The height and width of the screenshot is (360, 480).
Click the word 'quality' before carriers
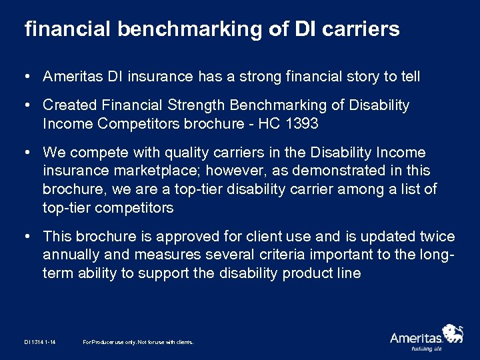pyautogui.click(x=183, y=153)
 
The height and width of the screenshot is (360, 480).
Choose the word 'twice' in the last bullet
pyautogui.click(x=437, y=237)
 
